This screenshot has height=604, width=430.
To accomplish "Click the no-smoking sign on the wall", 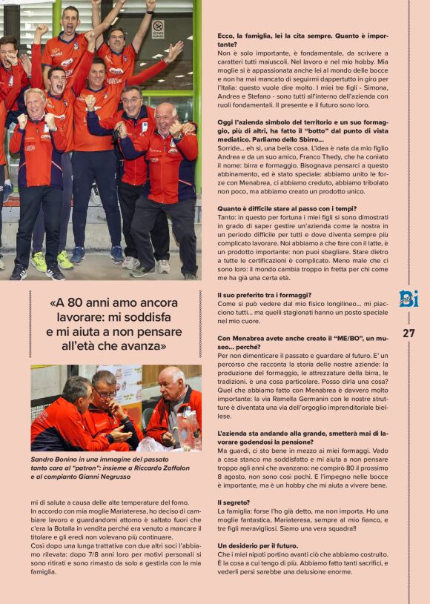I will [x=157, y=29].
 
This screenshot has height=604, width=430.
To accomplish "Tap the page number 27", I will [x=408, y=333].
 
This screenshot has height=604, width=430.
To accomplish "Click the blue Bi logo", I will [x=408, y=299].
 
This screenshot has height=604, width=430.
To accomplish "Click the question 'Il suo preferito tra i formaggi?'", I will [x=262, y=294].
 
